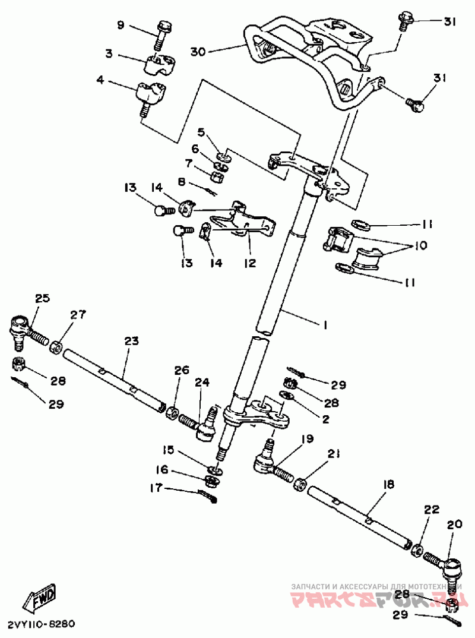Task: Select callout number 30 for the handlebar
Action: tap(199, 52)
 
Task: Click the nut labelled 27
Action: tap(56, 348)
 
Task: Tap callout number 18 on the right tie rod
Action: tap(388, 484)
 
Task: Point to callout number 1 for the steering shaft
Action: tap(325, 325)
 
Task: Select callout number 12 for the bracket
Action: tap(250, 263)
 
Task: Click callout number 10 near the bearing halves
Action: tap(420, 246)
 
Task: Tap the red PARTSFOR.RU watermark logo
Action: tap(376, 601)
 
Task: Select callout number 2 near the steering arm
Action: tap(325, 419)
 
